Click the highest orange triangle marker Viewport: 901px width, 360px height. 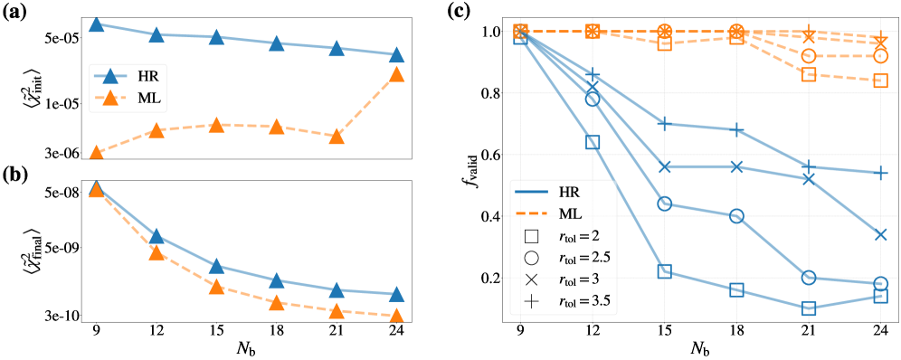[x=396, y=75]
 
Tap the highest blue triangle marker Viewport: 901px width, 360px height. [x=96, y=24]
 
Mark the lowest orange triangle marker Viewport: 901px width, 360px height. [x=396, y=315]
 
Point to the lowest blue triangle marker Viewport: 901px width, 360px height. [x=396, y=294]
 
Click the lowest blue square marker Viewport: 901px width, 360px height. [x=809, y=308]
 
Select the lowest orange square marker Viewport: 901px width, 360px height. [x=881, y=81]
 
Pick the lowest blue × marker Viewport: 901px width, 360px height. [x=881, y=235]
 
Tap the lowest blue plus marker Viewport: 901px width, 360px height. [x=881, y=172]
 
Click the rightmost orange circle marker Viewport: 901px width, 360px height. [x=881, y=56]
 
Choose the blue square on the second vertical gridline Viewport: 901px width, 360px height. [x=593, y=142]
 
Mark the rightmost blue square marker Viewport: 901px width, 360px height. [x=881, y=296]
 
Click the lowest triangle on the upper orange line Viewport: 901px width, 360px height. [x=96, y=152]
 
